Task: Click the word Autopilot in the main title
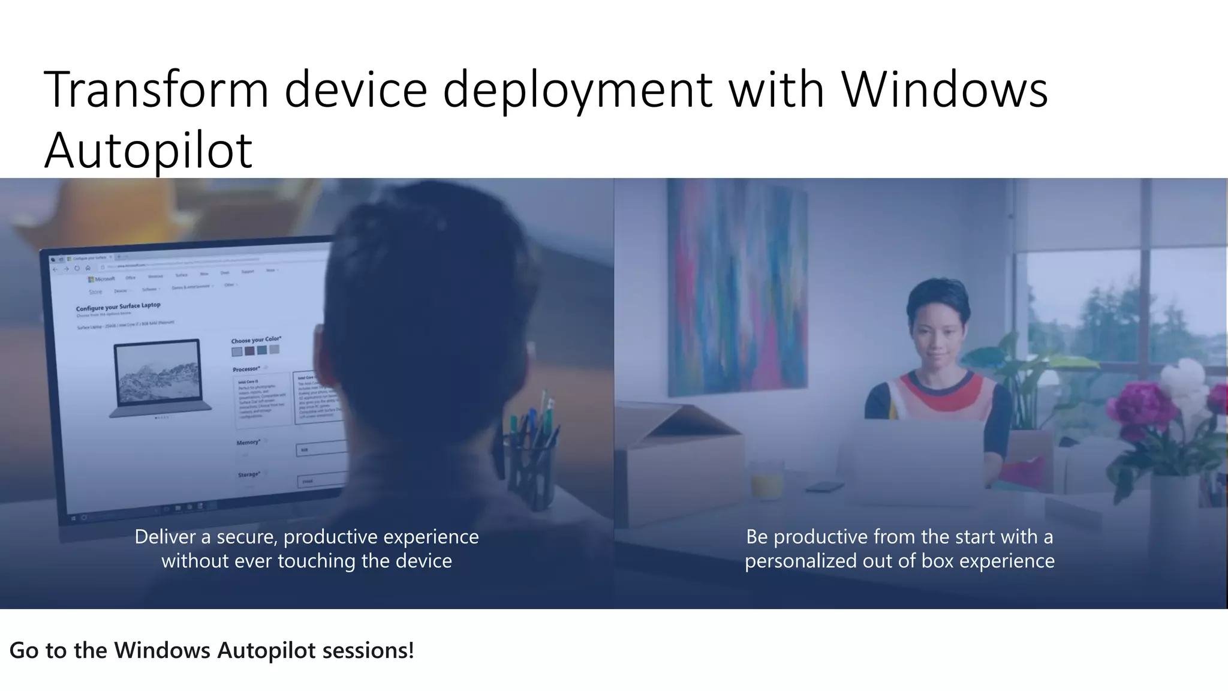point(148,150)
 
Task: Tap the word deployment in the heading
point(577,90)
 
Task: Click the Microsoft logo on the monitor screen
point(101,279)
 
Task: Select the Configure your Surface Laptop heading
point(118,307)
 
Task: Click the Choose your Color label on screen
point(256,340)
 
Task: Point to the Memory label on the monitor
point(248,443)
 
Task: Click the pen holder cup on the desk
point(531,474)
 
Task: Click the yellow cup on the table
point(766,483)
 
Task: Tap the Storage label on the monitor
point(248,474)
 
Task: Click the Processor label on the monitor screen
point(246,369)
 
